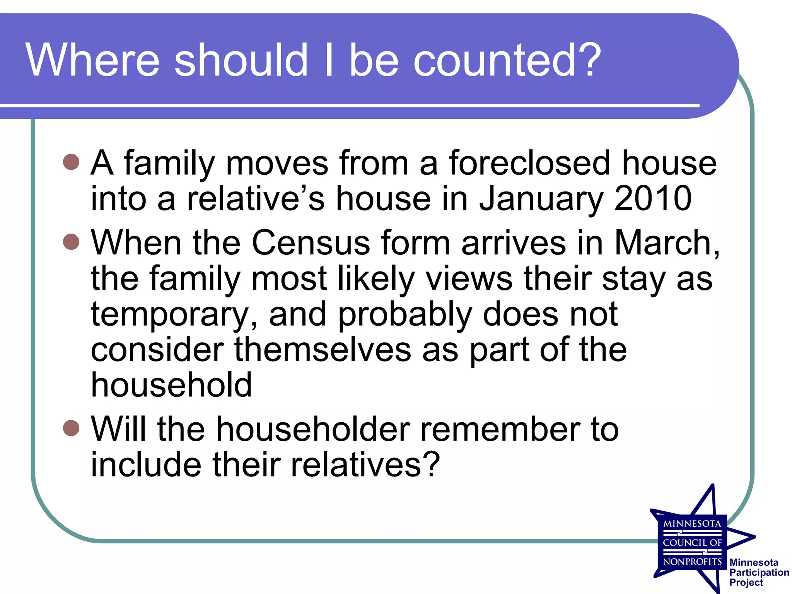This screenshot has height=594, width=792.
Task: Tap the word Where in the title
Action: (93, 60)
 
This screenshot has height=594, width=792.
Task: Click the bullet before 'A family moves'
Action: (71, 162)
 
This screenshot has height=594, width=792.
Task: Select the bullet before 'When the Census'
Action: (71, 242)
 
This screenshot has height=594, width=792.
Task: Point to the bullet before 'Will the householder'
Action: (71, 428)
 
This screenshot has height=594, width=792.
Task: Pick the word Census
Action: (311, 243)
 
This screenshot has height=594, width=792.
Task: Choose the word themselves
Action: (323, 350)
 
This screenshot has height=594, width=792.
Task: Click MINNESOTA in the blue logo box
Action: (692, 524)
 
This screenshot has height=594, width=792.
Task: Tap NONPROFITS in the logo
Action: (692, 562)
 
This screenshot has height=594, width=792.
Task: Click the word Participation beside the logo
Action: (759, 572)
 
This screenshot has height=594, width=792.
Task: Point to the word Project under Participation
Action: (746, 582)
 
